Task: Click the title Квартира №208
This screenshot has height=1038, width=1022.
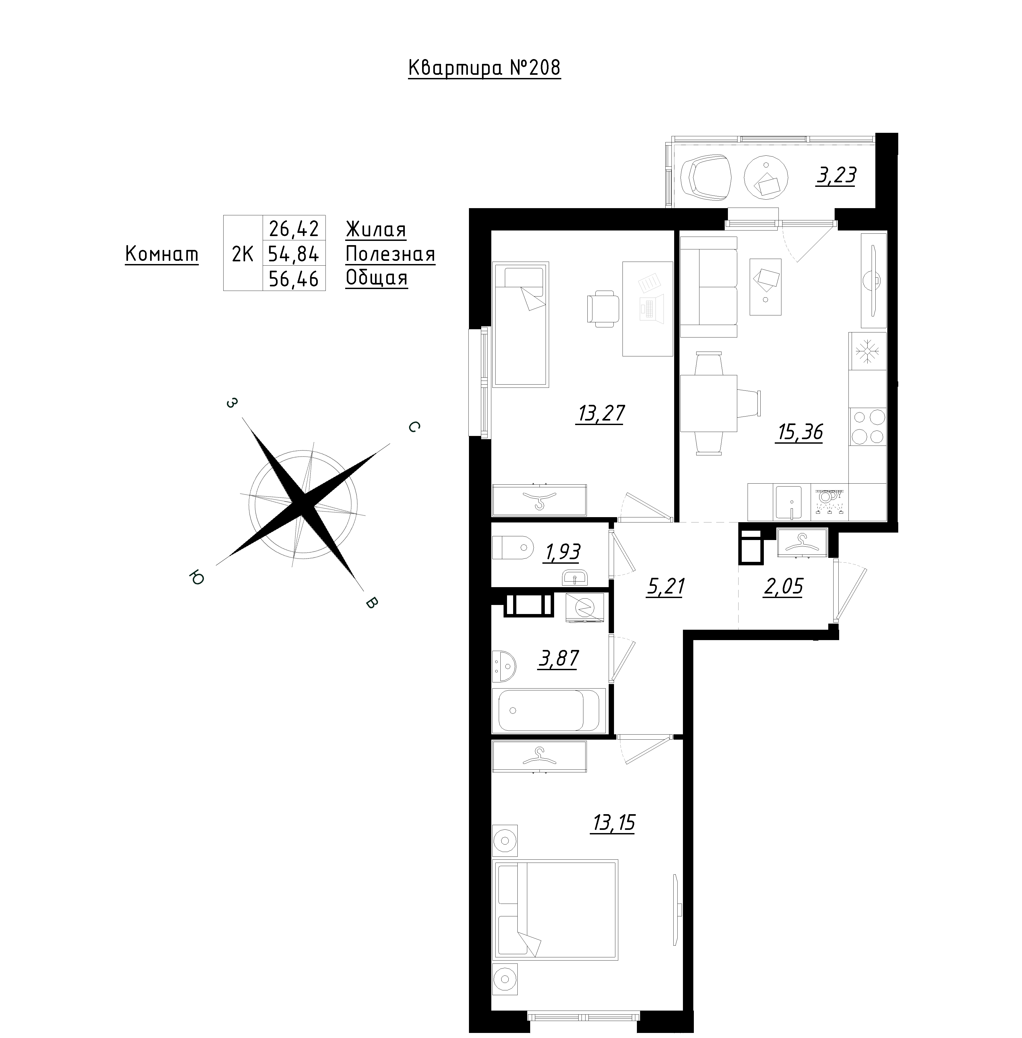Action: click(484, 68)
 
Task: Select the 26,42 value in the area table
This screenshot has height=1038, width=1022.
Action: click(294, 229)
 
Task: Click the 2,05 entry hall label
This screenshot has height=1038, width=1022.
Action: click(783, 587)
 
